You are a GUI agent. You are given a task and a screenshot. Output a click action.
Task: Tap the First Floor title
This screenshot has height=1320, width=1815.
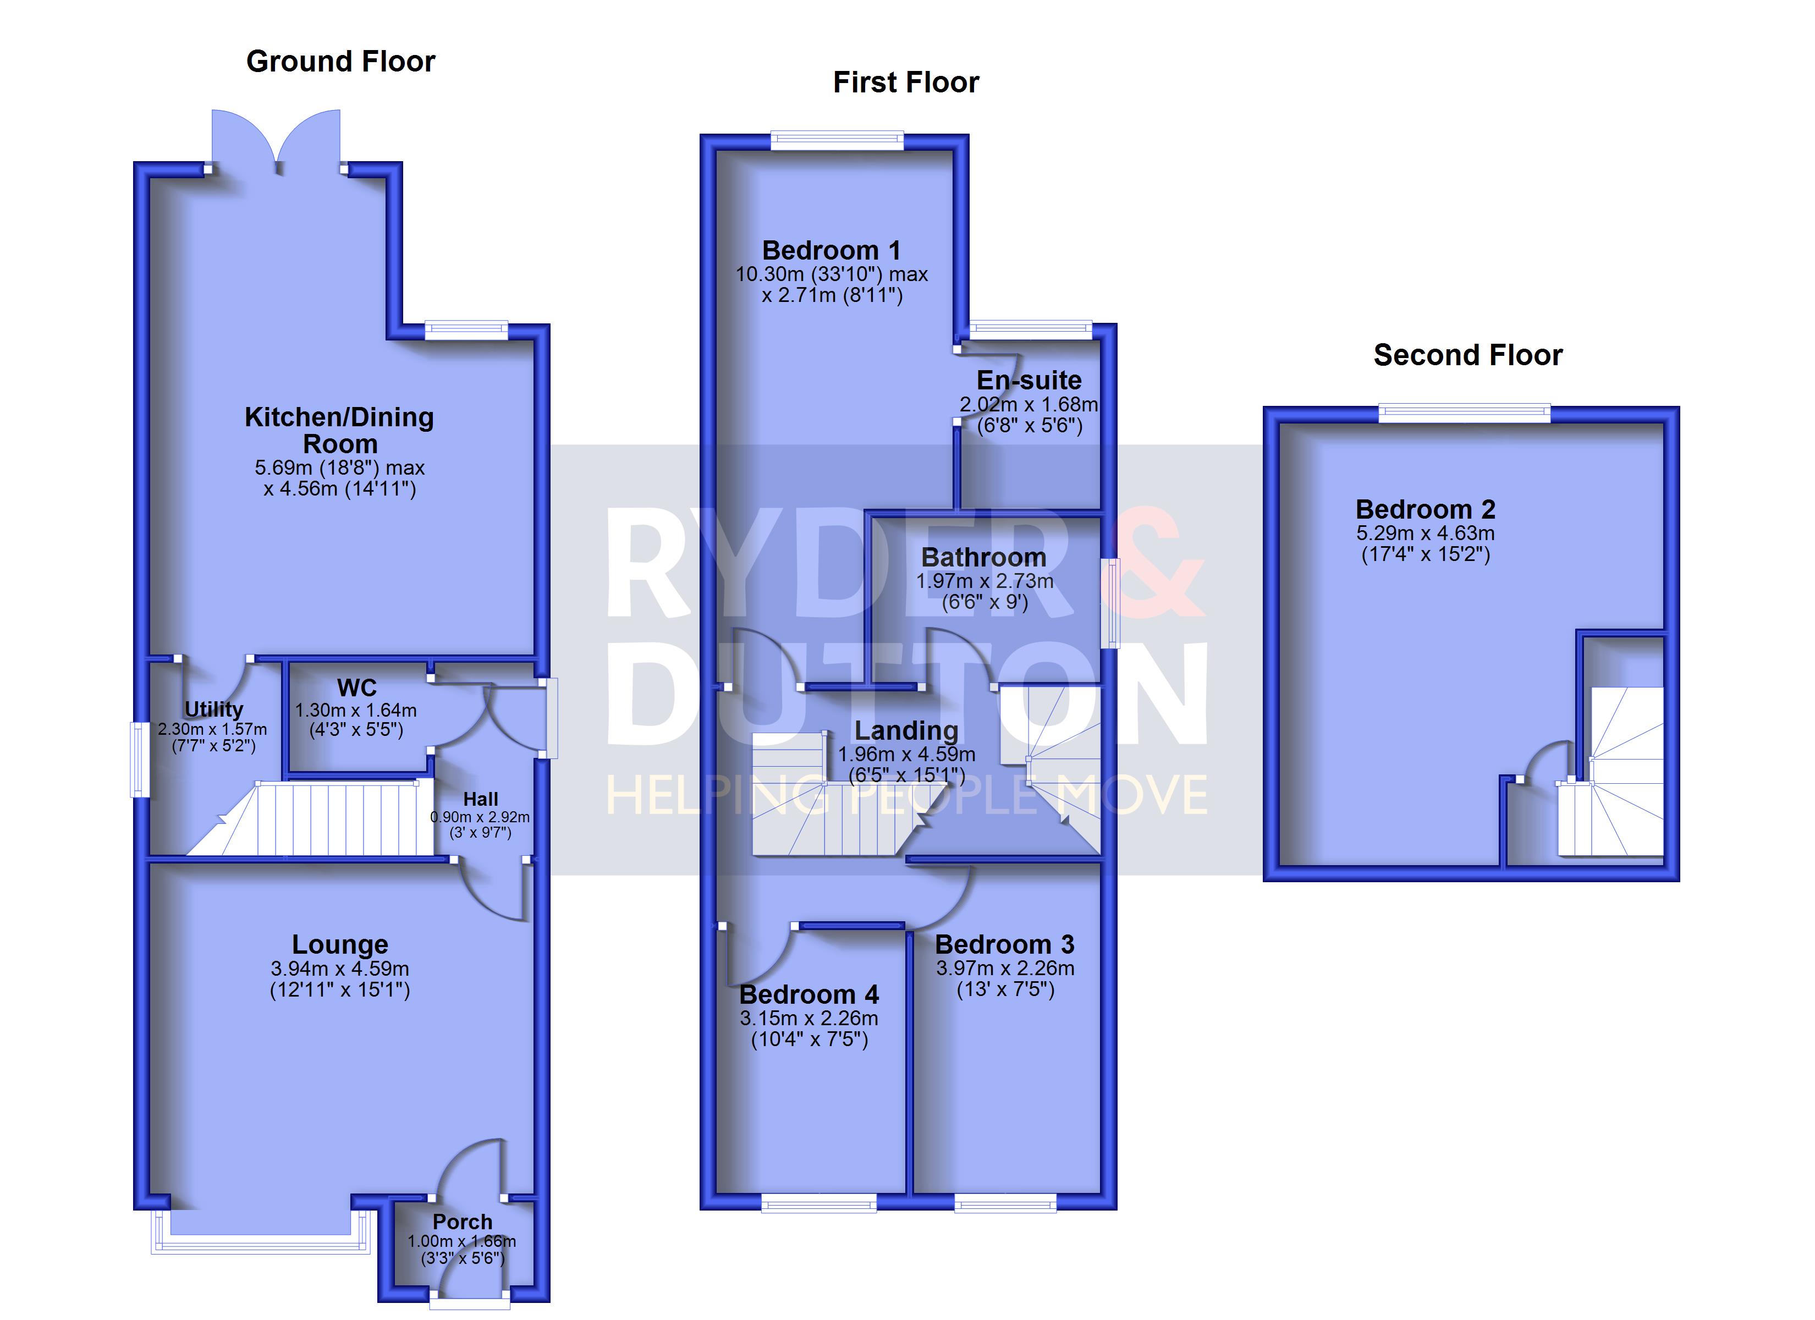click(x=906, y=82)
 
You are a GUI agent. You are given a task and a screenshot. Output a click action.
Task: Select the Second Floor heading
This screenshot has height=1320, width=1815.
click(x=1468, y=355)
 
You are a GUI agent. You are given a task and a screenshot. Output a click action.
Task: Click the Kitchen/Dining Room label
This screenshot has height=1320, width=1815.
click(x=339, y=431)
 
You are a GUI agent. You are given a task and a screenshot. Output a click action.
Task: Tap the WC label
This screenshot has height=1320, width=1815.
click(x=357, y=687)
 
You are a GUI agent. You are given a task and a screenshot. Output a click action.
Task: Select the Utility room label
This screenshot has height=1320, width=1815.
click(x=213, y=710)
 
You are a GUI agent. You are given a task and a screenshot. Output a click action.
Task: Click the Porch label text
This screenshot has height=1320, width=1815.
click(x=463, y=1222)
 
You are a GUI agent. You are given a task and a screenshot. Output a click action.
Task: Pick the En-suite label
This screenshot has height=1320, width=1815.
click(x=1029, y=380)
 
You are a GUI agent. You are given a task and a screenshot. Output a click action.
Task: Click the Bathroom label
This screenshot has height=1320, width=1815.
click(x=983, y=557)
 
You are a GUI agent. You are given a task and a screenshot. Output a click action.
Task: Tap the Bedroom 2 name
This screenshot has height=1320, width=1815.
click(x=1425, y=509)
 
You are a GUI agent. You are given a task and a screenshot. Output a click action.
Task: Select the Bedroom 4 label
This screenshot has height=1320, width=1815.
click(x=809, y=994)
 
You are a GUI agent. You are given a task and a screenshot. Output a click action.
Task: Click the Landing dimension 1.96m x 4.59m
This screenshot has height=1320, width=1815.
click(x=907, y=754)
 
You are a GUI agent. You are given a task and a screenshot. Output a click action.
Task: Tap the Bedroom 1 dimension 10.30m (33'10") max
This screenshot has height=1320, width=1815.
click(x=832, y=274)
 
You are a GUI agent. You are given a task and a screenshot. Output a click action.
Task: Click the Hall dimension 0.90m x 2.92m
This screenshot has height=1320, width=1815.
click(x=480, y=817)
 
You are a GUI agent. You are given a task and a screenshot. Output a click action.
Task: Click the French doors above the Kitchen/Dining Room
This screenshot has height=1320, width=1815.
click(x=276, y=140)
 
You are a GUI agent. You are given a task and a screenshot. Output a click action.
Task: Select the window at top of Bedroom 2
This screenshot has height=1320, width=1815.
click(x=1465, y=413)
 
